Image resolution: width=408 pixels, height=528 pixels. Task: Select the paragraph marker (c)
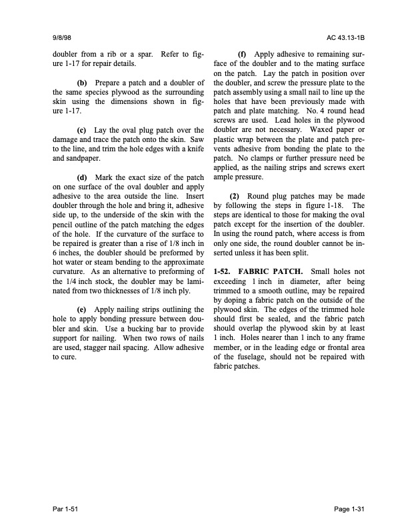click(84, 131)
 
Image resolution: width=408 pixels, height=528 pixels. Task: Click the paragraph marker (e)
click(84, 310)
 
